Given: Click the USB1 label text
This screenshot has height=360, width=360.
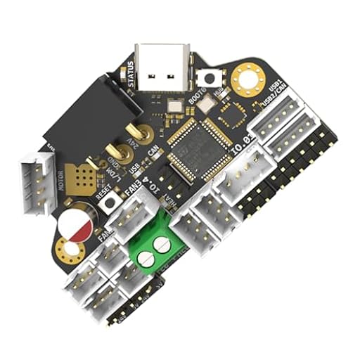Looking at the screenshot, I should coord(275,91).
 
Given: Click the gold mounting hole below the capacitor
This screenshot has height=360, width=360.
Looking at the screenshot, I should coord(70,249).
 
